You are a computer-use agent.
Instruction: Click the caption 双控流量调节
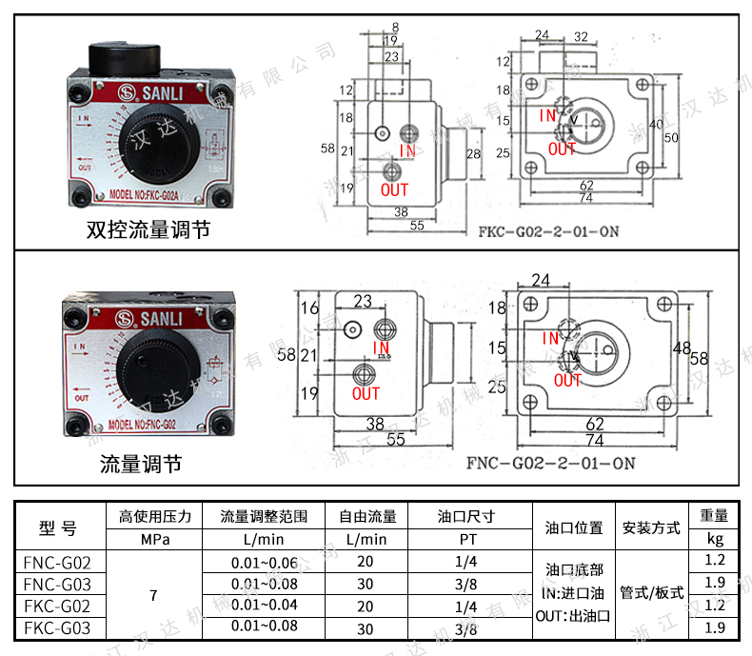click(148, 229)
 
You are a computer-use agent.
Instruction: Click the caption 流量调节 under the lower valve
click(141, 465)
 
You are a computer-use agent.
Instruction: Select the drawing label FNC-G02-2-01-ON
click(550, 464)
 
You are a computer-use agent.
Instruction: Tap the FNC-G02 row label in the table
click(57, 561)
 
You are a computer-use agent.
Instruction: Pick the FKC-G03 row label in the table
click(57, 627)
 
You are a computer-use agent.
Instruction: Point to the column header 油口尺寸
click(466, 517)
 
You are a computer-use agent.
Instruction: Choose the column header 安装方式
click(651, 527)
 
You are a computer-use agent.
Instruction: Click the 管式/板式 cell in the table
click(651, 593)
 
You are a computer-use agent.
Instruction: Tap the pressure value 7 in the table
click(154, 595)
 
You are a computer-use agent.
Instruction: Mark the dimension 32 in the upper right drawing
click(581, 36)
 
